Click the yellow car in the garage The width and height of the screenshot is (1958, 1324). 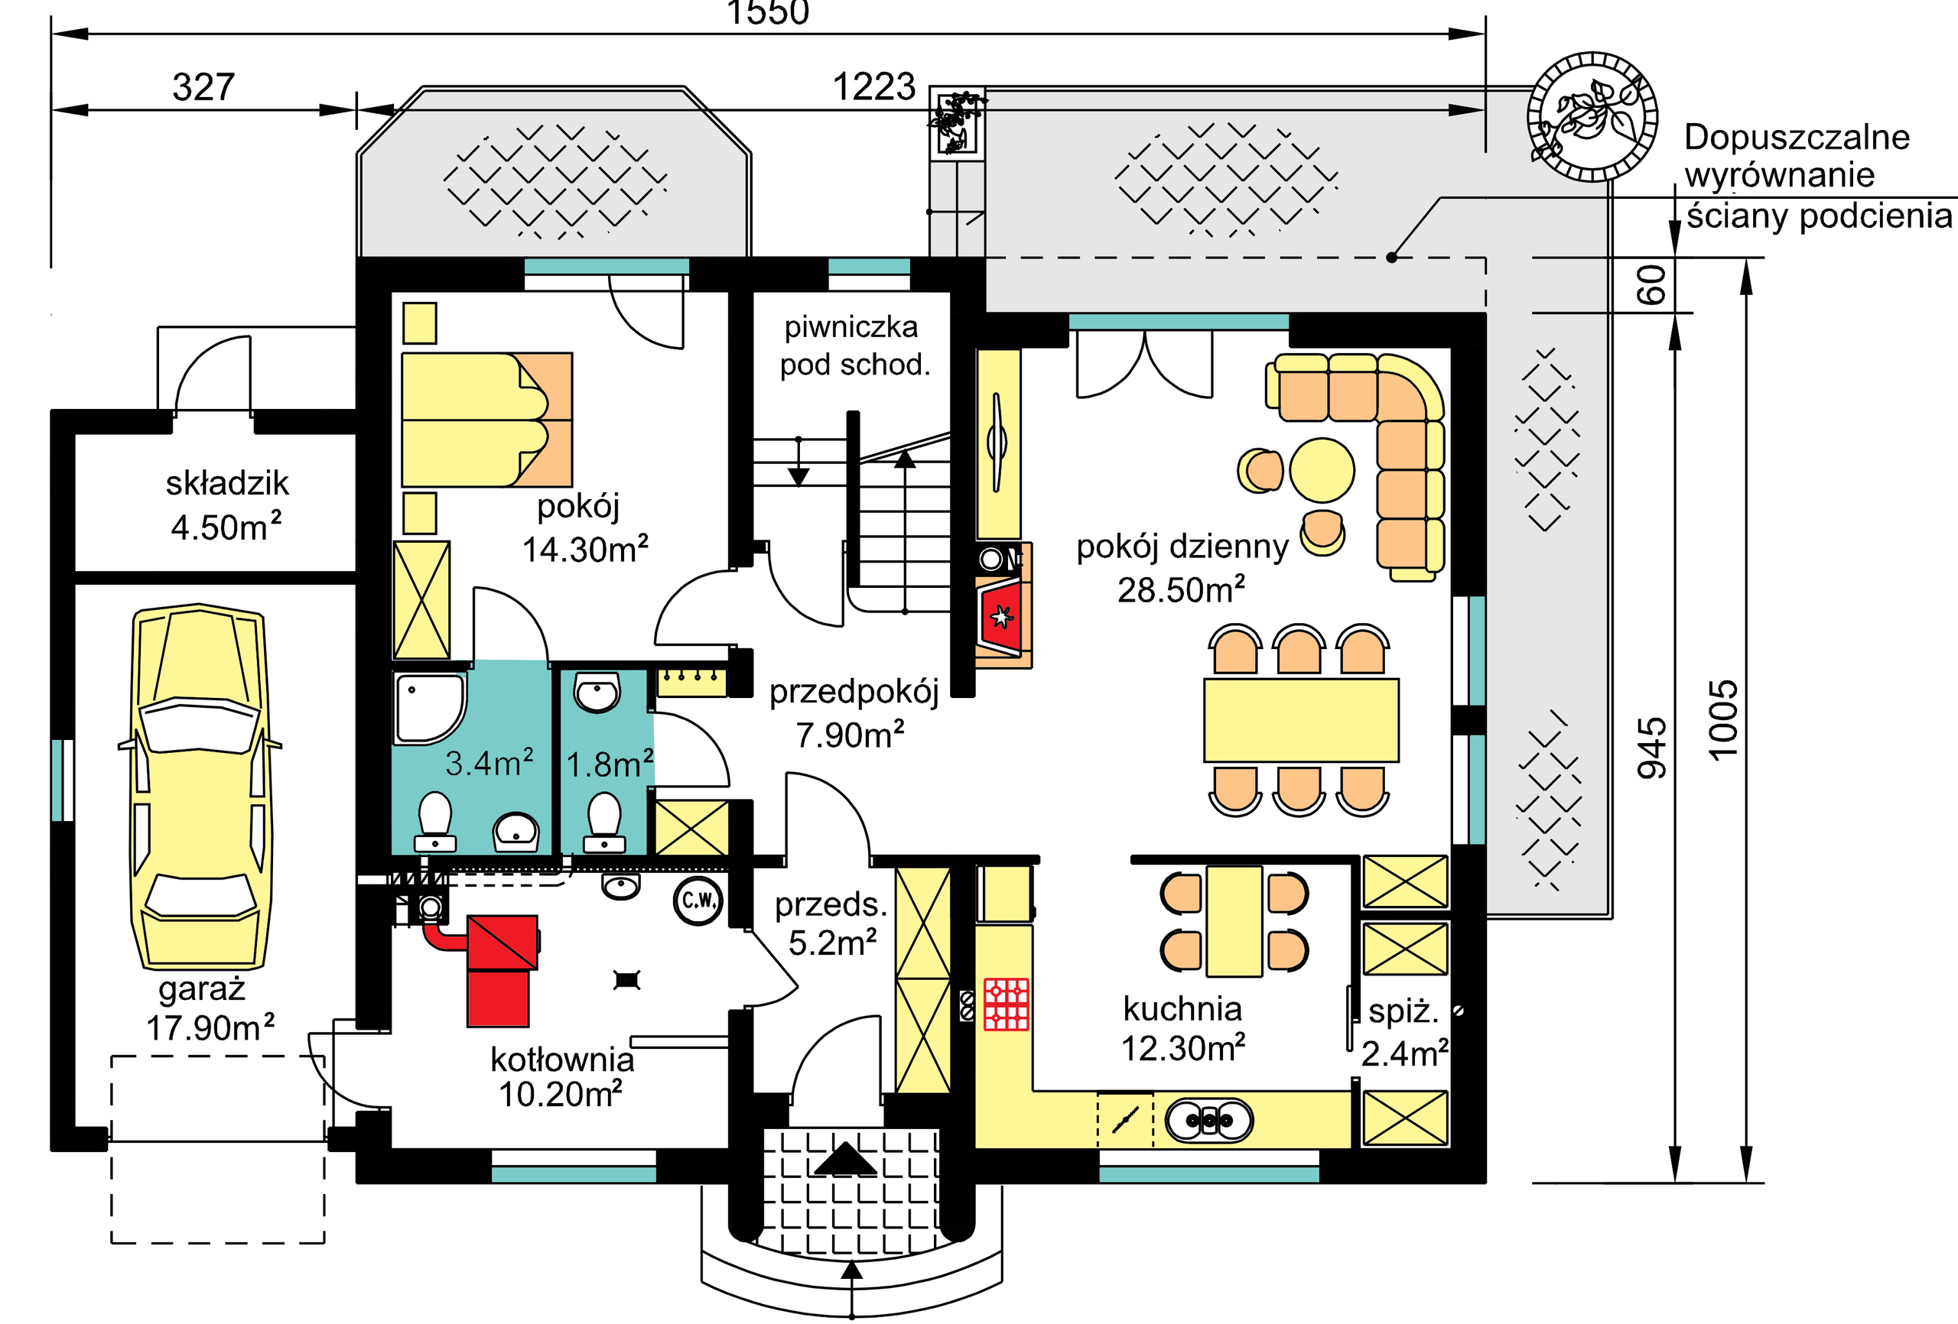200,787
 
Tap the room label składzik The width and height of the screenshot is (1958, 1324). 226,483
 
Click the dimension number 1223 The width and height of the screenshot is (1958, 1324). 873,86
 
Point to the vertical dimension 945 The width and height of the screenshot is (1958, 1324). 1652,748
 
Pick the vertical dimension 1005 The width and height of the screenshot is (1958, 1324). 1723,720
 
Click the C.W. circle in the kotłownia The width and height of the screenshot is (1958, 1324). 698,901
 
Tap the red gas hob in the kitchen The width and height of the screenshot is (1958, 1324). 1006,1004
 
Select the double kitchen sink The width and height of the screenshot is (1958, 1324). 1209,1120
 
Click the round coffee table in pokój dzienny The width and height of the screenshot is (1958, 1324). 1322,470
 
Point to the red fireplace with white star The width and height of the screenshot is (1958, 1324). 1001,618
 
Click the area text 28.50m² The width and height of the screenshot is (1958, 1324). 1181,589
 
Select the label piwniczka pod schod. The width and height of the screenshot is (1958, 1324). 854,346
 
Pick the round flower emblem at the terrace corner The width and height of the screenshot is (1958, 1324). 1592,116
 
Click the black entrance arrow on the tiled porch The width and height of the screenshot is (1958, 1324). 846,1160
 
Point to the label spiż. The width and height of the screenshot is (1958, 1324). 1403,1011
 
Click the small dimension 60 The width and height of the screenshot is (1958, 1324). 1652,284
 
